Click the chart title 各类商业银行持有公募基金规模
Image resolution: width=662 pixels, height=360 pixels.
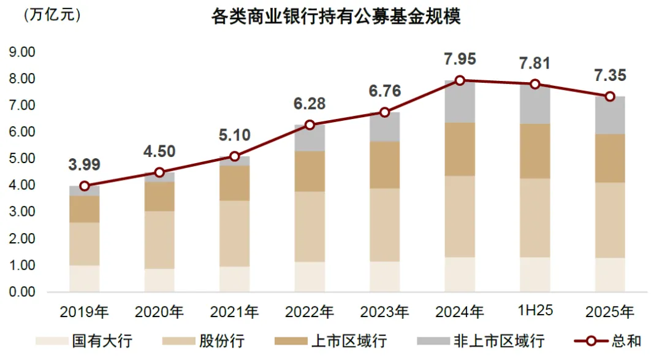coord(336,17)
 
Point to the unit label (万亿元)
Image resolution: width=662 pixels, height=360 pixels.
coord(52,15)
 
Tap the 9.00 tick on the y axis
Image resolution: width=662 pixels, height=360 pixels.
coord(22,52)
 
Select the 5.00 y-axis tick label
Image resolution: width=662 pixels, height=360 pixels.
coord(22,158)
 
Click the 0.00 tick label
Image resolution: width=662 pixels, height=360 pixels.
coord(22,291)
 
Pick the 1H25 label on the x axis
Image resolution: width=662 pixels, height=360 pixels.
coord(535,310)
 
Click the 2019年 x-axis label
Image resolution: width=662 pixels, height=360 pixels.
coord(84,312)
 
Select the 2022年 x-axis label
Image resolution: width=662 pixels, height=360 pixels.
coord(310,312)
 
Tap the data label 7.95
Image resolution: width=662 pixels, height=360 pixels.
coord(460,59)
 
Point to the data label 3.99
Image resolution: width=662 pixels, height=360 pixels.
coord(85,164)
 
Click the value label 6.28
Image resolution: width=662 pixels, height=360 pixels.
coord(310,104)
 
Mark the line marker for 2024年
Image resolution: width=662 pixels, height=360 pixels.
coord(460,80)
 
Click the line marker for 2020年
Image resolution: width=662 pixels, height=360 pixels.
coord(159,172)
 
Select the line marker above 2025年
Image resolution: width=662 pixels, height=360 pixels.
coord(610,96)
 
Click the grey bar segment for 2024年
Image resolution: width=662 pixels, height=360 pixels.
coord(460,102)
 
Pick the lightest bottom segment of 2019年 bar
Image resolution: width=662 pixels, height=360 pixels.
coord(85,278)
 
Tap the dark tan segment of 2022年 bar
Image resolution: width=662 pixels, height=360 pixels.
coord(310,171)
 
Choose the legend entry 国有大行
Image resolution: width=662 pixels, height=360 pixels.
coord(84,341)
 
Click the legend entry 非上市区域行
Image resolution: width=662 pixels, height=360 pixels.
coord(481,341)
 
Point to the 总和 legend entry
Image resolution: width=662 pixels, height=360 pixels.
coord(608,341)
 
